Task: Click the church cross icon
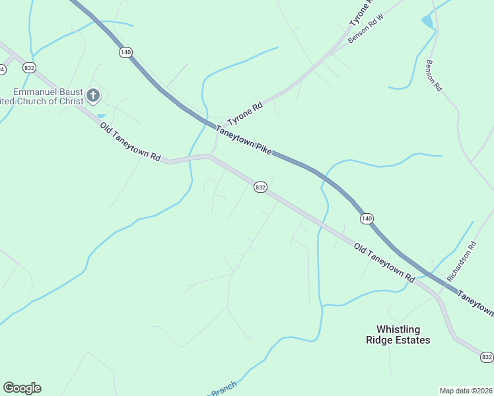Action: point(92,96)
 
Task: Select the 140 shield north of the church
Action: point(126,52)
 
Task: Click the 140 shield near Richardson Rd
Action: point(367,218)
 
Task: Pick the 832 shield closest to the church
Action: point(28,67)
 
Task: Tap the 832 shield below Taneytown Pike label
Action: point(260,187)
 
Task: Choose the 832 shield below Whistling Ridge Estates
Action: point(487,357)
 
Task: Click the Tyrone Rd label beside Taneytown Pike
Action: point(245,114)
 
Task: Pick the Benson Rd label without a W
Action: point(434,76)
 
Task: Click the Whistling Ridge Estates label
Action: point(403,335)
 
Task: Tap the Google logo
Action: point(22,388)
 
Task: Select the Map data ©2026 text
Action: point(466,390)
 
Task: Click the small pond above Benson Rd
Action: point(428,22)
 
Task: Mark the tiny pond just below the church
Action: point(100,115)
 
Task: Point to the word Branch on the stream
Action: point(224,390)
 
